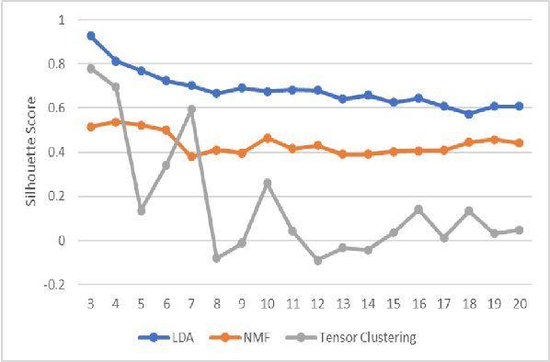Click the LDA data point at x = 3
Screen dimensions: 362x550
(x=91, y=36)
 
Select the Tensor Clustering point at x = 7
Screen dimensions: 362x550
(x=191, y=109)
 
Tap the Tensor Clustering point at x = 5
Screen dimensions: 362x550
(x=141, y=210)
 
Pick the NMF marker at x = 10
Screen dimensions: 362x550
(x=266, y=138)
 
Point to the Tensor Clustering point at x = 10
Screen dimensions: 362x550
(x=266, y=183)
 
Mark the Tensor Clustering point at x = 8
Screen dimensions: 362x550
(x=216, y=258)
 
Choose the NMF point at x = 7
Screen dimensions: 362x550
(x=191, y=157)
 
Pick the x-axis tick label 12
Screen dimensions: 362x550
(x=317, y=304)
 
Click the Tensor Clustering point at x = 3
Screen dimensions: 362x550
(x=91, y=69)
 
